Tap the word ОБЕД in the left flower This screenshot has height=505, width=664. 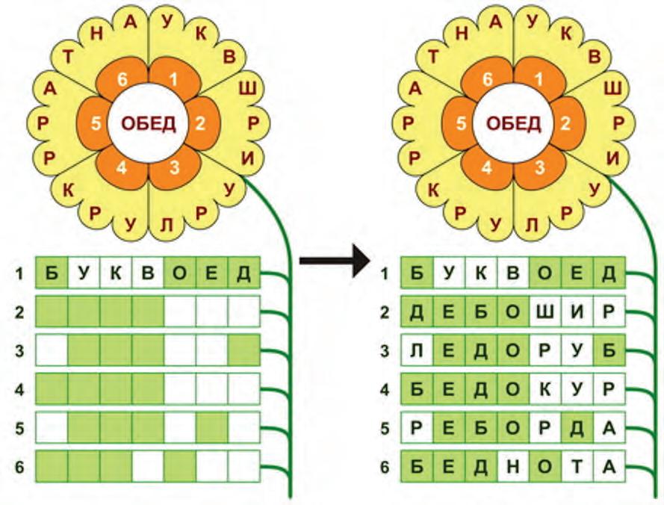[x=148, y=123]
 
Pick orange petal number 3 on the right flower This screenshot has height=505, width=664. [x=539, y=168]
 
